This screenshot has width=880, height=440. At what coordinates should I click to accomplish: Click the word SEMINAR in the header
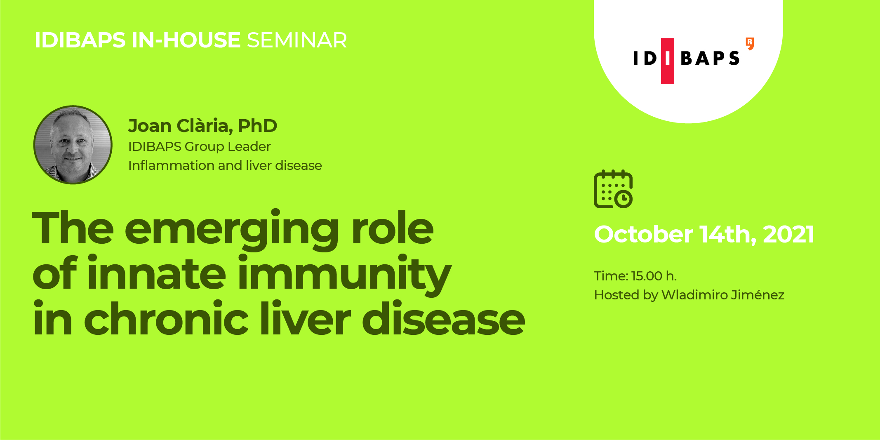(x=297, y=40)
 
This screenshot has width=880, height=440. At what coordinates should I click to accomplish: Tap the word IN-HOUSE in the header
(x=186, y=40)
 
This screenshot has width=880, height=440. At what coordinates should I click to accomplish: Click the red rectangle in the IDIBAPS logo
(x=668, y=61)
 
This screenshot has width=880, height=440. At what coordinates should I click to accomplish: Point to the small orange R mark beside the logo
(x=750, y=43)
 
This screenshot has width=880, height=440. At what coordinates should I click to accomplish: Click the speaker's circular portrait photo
(x=73, y=145)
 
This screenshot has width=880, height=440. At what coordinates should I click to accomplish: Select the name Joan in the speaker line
(x=150, y=126)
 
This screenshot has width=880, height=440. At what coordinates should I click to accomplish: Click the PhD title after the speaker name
(x=257, y=126)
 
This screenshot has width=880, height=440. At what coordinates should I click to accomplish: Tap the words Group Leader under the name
(x=228, y=147)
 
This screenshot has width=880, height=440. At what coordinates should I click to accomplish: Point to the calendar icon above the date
(x=613, y=189)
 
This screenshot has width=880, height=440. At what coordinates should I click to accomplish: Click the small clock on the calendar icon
(x=624, y=199)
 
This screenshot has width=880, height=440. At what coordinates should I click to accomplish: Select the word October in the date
(x=643, y=234)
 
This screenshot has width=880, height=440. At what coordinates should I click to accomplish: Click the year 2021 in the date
(x=788, y=234)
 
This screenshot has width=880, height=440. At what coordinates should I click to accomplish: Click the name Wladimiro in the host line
(x=694, y=295)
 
